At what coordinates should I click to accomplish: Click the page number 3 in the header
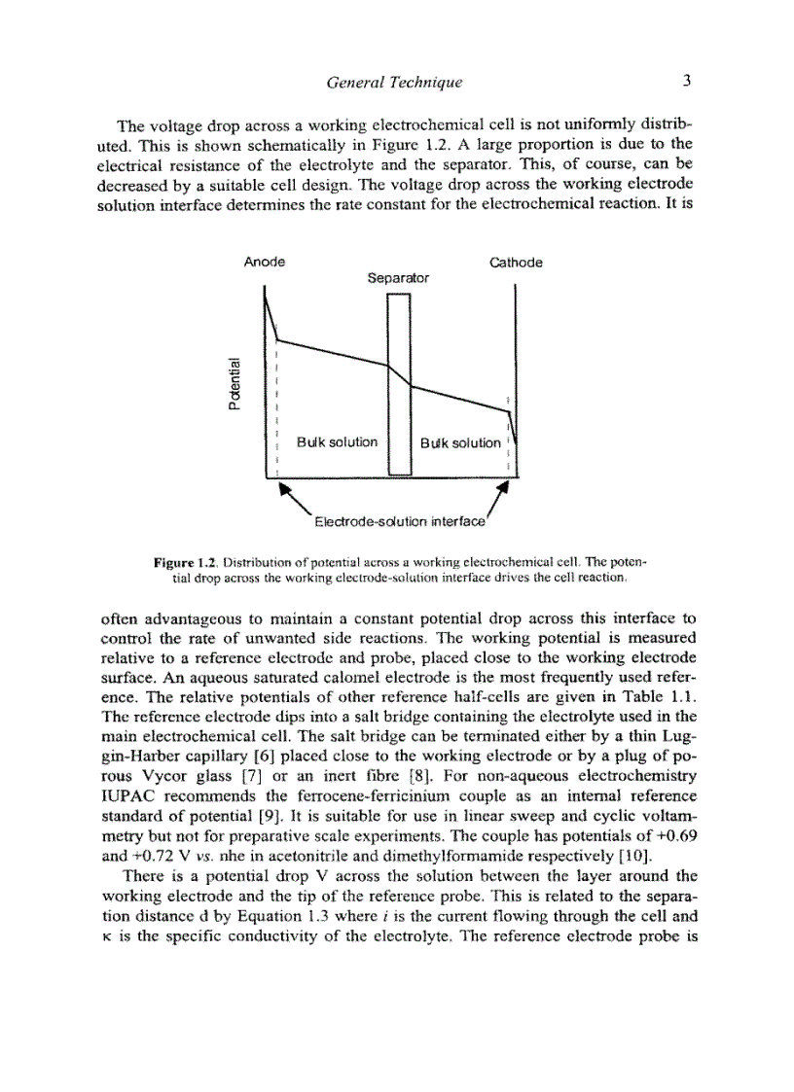click(686, 82)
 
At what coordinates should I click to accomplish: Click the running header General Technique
click(395, 83)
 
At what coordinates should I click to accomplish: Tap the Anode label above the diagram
click(265, 263)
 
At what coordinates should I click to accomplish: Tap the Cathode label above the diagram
click(516, 263)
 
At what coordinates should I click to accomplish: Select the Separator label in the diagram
click(398, 278)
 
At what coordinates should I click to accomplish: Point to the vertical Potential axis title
click(234, 380)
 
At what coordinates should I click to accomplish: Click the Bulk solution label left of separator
click(338, 442)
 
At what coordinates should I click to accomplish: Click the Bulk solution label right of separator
click(460, 443)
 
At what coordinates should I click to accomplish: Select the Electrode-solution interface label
click(399, 522)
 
